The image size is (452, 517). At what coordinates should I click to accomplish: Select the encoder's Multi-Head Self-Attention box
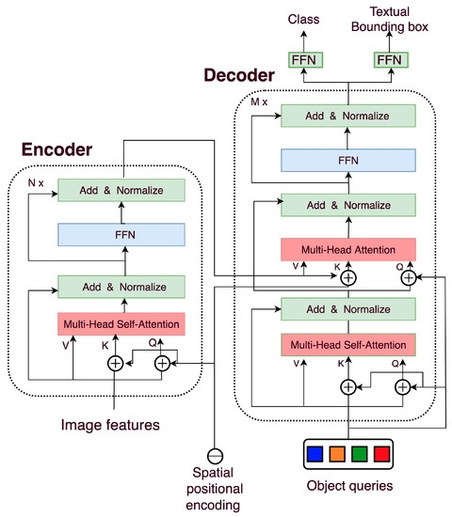[x=121, y=323]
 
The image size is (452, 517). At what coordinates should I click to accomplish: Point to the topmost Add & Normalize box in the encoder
[x=121, y=190]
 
